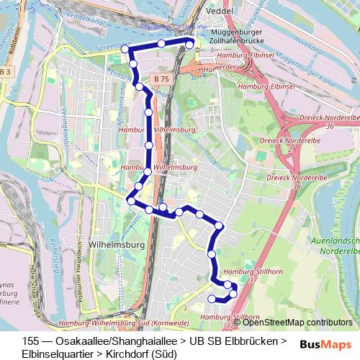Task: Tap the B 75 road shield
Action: (x=161, y=78)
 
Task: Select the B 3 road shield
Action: (x=6, y=71)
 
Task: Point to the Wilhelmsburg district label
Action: (x=116, y=245)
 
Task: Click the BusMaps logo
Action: (x=326, y=344)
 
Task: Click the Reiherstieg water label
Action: (x=54, y=255)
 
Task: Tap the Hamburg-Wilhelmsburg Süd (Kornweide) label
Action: (x=123, y=323)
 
